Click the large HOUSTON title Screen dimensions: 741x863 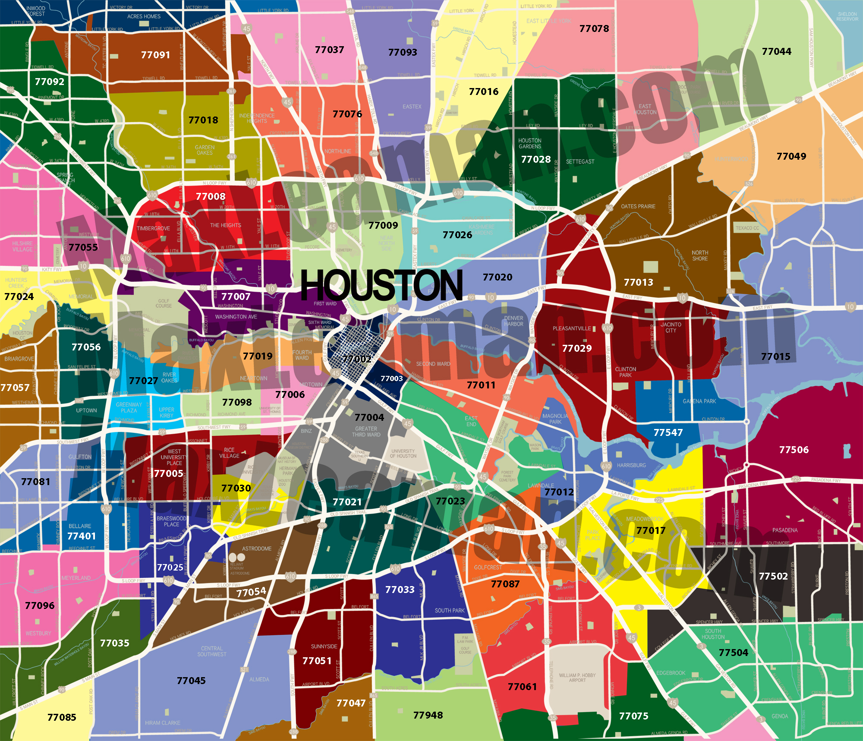tap(381, 285)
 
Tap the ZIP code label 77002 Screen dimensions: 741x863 tap(357, 359)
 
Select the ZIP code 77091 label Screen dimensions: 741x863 tap(155, 55)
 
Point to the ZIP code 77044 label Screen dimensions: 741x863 tap(776, 51)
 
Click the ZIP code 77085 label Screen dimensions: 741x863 tap(62, 717)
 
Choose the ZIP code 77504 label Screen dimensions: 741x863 tap(733, 653)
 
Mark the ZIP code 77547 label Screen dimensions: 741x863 tap(668, 432)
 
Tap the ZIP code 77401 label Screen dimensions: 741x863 tap(82, 536)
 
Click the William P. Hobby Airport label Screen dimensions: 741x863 tap(577, 678)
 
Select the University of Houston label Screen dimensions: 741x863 tap(403, 453)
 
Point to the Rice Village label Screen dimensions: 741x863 tap(229, 453)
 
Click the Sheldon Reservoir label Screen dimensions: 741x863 tap(847, 16)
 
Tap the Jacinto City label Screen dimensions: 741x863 tap(671, 327)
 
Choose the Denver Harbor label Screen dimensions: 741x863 tap(513, 321)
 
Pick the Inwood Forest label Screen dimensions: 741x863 tap(36, 11)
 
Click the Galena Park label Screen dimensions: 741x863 tap(699, 401)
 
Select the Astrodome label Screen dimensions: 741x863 tap(257, 549)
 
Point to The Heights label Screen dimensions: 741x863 tap(226, 225)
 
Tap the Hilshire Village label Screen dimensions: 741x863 tap(22, 246)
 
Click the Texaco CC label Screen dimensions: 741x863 tap(747, 228)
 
